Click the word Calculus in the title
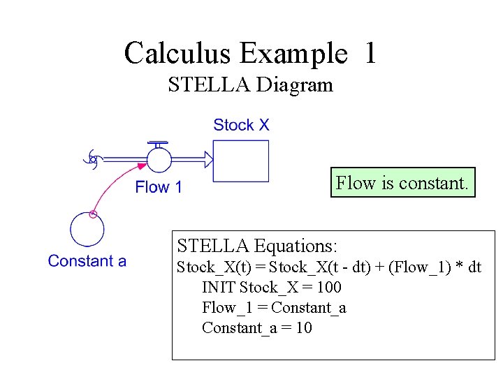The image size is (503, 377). (177, 53)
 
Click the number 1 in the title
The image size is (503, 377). (370, 53)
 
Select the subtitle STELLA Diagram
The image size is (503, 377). (250, 86)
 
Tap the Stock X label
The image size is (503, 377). (241, 126)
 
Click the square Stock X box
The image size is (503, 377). (240, 161)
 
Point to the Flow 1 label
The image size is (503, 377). (159, 187)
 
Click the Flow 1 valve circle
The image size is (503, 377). (159, 160)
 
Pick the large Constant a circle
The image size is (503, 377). (87, 230)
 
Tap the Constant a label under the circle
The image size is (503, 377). (87, 261)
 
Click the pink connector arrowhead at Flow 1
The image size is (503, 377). (143, 166)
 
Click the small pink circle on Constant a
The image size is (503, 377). (93, 214)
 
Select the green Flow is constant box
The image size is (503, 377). (403, 183)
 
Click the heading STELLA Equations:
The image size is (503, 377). (257, 246)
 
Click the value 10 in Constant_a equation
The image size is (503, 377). (304, 327)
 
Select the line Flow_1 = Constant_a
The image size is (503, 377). (274, 307)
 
